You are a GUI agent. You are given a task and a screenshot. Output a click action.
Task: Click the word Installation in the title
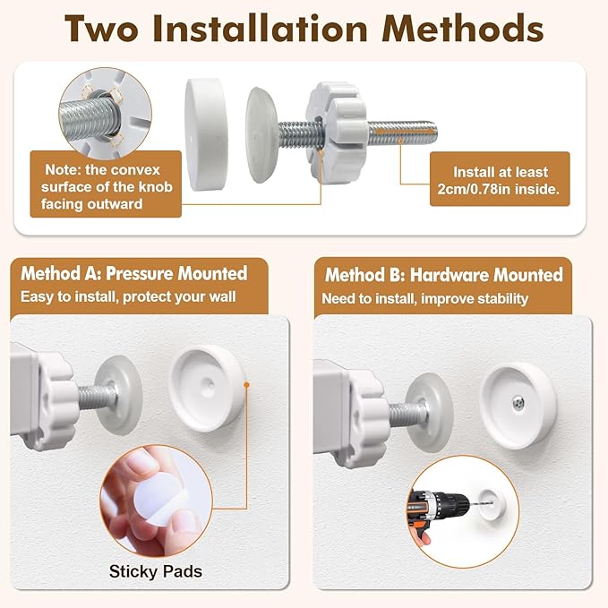[x=260, y=29]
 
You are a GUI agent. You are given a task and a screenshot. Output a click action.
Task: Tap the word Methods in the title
[x=463, y=29]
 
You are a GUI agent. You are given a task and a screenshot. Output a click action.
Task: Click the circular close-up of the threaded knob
[x=105, y=114]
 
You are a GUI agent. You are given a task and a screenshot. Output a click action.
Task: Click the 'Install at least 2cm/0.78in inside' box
[x=500, y=179]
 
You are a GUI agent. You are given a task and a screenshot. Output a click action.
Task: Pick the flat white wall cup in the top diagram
[x=206, y=134]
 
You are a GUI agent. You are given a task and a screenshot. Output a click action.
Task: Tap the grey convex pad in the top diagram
[x=261, y=135]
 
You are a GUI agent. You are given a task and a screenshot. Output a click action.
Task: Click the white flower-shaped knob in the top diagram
[x=336, y=132]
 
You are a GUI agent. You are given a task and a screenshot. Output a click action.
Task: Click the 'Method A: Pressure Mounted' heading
[x=133, y=273]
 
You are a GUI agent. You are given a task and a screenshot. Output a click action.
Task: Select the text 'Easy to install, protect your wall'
[x=128, y=297]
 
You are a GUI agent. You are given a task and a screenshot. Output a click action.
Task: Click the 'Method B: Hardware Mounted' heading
[x=444, y=275]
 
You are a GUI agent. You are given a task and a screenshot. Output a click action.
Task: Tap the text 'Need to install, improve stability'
[x=425, y=298]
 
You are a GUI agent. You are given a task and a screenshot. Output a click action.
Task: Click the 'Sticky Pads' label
[x=156, y=571]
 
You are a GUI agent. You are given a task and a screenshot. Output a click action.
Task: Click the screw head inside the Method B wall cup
[x=518, y=403]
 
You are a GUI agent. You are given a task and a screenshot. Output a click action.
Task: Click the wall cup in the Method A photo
[x=206, y=388]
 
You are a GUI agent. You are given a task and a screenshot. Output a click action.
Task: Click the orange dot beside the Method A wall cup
[x=246, y=385]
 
